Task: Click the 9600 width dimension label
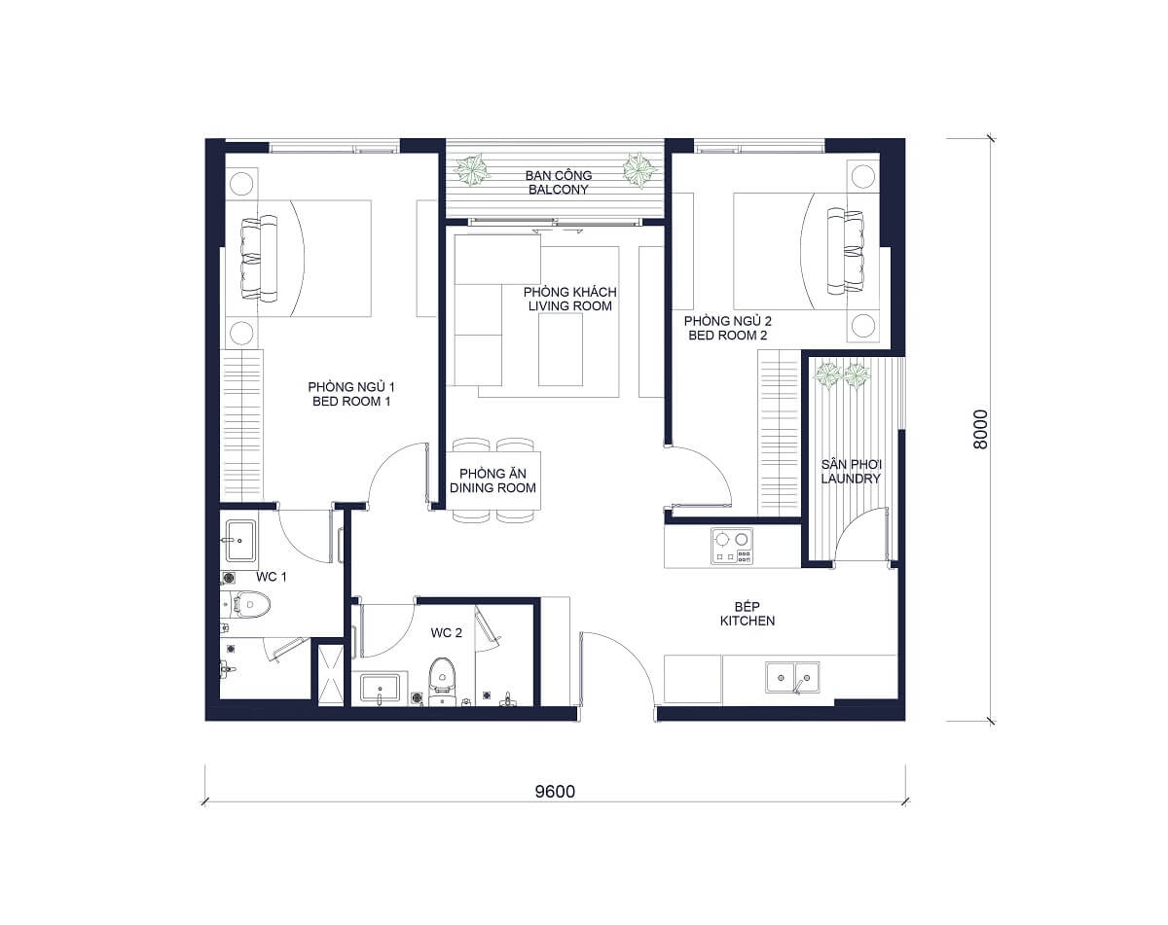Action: [555, 791]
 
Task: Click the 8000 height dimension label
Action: [980, 428]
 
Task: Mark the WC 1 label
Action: [271, 577]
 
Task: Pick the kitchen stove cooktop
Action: [732, 547]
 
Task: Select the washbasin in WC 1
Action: [239, 541]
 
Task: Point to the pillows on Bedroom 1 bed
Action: [253, 257]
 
